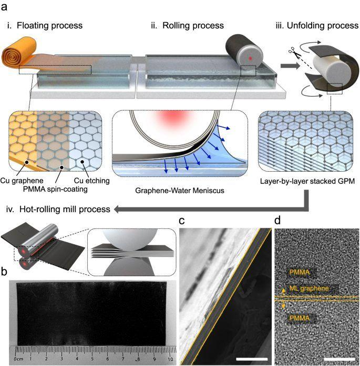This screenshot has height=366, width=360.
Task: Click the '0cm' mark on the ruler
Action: tap(19, 359)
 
